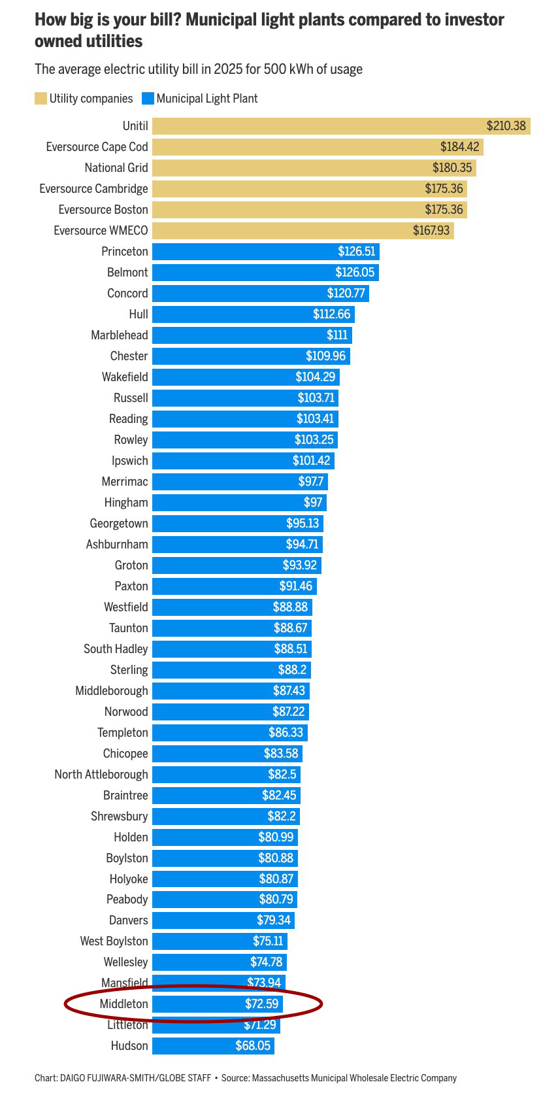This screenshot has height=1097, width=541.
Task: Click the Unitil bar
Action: (340, 126)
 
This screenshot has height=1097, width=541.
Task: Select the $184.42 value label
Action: (459, 147)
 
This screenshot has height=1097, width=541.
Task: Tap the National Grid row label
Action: (116, 168)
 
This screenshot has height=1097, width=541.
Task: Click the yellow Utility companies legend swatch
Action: (41, 99)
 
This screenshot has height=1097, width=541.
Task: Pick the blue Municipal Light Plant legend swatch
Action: (148, 99)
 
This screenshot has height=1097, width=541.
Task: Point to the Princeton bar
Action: (265, 252)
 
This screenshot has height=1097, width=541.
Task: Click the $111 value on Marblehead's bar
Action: (337, 335)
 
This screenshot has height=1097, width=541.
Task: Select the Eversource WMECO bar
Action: (303, 231)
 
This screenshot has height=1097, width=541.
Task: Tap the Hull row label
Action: (139, 314)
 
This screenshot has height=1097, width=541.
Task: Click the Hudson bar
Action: (213, 1046)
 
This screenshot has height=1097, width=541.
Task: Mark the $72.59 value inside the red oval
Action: (261, 1004)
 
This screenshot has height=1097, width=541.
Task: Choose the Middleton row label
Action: (124, 1004)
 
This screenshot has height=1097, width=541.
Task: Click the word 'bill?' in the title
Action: (161, 20)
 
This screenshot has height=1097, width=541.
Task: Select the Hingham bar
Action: (239, 503)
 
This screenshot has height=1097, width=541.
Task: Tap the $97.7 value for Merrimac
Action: (311, 482)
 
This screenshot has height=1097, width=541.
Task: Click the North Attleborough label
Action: (101, 775)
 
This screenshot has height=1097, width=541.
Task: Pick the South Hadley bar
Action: (232, 649)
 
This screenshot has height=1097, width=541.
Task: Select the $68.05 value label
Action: (253, 1046)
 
